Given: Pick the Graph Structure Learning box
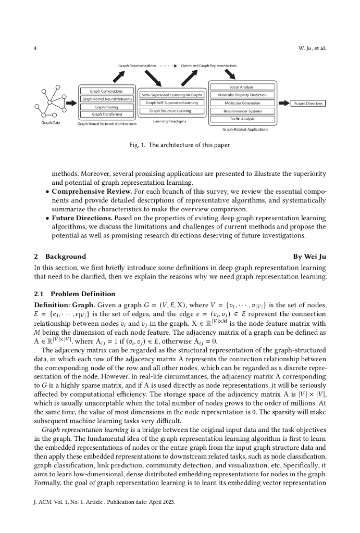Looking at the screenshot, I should (170, 111).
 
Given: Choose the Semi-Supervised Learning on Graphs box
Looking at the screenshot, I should (170, 95).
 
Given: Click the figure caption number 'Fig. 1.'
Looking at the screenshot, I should (142, 144).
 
